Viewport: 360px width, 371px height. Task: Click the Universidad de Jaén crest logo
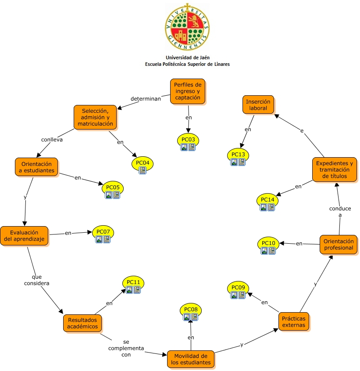click(x=187, y=27)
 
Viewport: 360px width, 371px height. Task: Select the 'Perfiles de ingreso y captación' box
click(x=187, y=91)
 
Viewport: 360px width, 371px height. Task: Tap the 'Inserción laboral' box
click(x=258, y=105)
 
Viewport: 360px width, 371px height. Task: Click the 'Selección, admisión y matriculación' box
click(x=95, y=117)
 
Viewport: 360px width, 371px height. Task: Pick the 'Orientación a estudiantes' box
click(x=37, y=167)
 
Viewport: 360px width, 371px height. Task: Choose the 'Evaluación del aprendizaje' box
click(x=25, y=236)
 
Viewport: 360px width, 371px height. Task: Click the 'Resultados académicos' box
click(x=82, y=323)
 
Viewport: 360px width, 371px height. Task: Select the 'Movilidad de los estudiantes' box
click(x=191, y=359)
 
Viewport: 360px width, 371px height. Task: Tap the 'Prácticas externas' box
click(x=294, y=321)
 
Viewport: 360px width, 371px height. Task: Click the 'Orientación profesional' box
click(x=338, y=245)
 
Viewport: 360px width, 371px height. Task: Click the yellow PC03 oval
click(x=188, y=140)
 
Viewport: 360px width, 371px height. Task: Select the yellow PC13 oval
click(x=238, y=154)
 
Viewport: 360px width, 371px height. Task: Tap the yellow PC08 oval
click(x=191, y=310)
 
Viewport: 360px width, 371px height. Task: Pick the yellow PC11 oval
click(x=133, y=282)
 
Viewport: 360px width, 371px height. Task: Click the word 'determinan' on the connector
click(x=146, y=98)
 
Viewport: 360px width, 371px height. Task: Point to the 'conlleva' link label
click(x=52, y=140)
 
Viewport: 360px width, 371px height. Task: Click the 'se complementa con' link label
click(x=126, y=348)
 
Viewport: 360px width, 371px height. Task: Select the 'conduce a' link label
click(x=340, y=212)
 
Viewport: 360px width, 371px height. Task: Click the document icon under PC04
click(x=143, y=170)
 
